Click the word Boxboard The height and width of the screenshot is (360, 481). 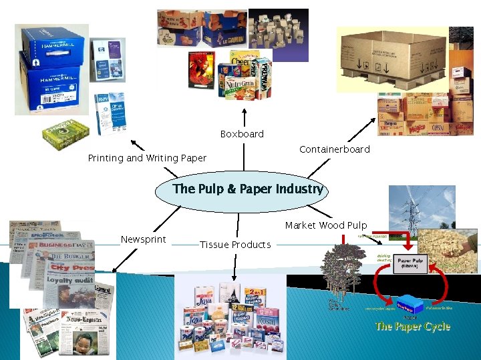[242, 134]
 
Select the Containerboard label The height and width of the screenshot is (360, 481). [334, 149]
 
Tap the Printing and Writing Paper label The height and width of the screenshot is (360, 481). [147, 158]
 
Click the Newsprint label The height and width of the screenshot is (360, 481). [143, 239]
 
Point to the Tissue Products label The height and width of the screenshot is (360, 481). [235, 245]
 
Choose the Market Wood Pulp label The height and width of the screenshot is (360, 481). [326, 225]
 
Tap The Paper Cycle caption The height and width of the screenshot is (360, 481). [412, 326]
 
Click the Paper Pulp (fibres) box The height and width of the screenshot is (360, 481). [412, 262]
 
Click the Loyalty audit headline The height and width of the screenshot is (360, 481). [67, 281]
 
